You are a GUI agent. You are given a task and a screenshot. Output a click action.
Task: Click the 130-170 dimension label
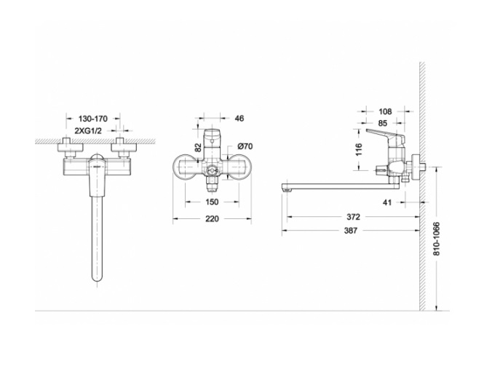[x=93, y=119]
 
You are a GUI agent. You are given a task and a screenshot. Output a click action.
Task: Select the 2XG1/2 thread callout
[x=88, y=131]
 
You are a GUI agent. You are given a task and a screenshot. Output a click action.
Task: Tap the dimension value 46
[x=239, y=118]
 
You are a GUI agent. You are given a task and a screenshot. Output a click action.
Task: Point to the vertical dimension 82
[x=199, y=147]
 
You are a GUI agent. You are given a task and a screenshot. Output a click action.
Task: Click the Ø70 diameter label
[x=245, y=146]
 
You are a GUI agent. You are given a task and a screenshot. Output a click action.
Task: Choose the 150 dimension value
[x=212, y=202]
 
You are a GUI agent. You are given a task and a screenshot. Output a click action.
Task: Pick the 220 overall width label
[x=212, y=219]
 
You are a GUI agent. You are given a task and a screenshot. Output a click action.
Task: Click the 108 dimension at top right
[x=385, y=111]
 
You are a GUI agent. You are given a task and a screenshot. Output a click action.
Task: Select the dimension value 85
[x=382, y=123]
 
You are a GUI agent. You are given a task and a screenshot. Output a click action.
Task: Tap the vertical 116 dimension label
[x=359, y=149]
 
